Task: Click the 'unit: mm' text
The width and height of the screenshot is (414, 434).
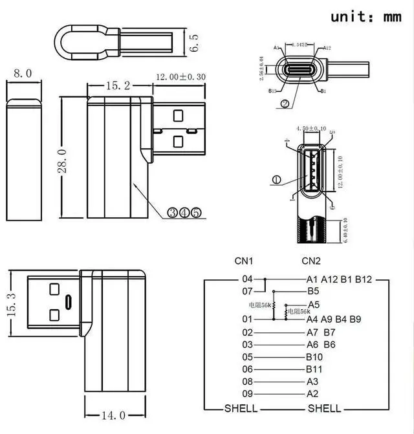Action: coord(366,17)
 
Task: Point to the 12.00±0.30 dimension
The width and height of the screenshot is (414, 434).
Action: coord(180,77)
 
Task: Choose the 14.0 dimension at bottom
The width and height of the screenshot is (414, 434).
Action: coord(113,415)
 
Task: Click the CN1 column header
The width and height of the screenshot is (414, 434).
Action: coord(244,261)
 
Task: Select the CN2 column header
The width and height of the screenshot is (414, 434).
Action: coord(311,261)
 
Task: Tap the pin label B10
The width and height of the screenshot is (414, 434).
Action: coord(315,356)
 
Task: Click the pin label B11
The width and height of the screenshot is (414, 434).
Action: coord(315,369)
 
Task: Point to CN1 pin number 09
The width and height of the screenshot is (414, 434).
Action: coord(247,393)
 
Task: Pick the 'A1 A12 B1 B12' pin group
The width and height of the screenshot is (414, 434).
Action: coord(339,279)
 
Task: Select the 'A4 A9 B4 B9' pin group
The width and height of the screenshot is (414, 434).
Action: coord(334,319)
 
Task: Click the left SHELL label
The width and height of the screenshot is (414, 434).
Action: coord(241,408)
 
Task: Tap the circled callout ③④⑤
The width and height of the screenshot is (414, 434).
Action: coord(184,212)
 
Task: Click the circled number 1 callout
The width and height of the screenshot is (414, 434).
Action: coord(277,180)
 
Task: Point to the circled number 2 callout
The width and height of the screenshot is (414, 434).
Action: coord(285,103)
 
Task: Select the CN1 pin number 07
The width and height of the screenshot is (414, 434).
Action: coord(247,292)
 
